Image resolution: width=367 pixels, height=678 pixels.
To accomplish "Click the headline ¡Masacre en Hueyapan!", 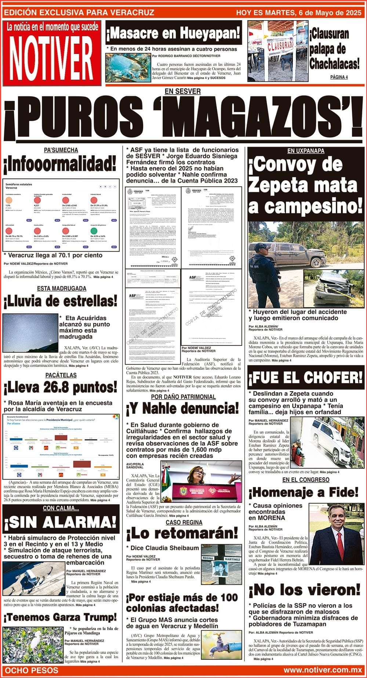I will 173,34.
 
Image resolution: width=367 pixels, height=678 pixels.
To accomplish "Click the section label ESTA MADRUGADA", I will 62,288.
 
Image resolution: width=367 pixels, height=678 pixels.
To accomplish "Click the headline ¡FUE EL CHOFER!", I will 305,377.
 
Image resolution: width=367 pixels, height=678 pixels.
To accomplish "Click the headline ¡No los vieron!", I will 305,590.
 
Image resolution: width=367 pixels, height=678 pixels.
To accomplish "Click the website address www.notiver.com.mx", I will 323,670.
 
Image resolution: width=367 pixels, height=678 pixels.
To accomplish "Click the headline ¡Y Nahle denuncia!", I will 182,407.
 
